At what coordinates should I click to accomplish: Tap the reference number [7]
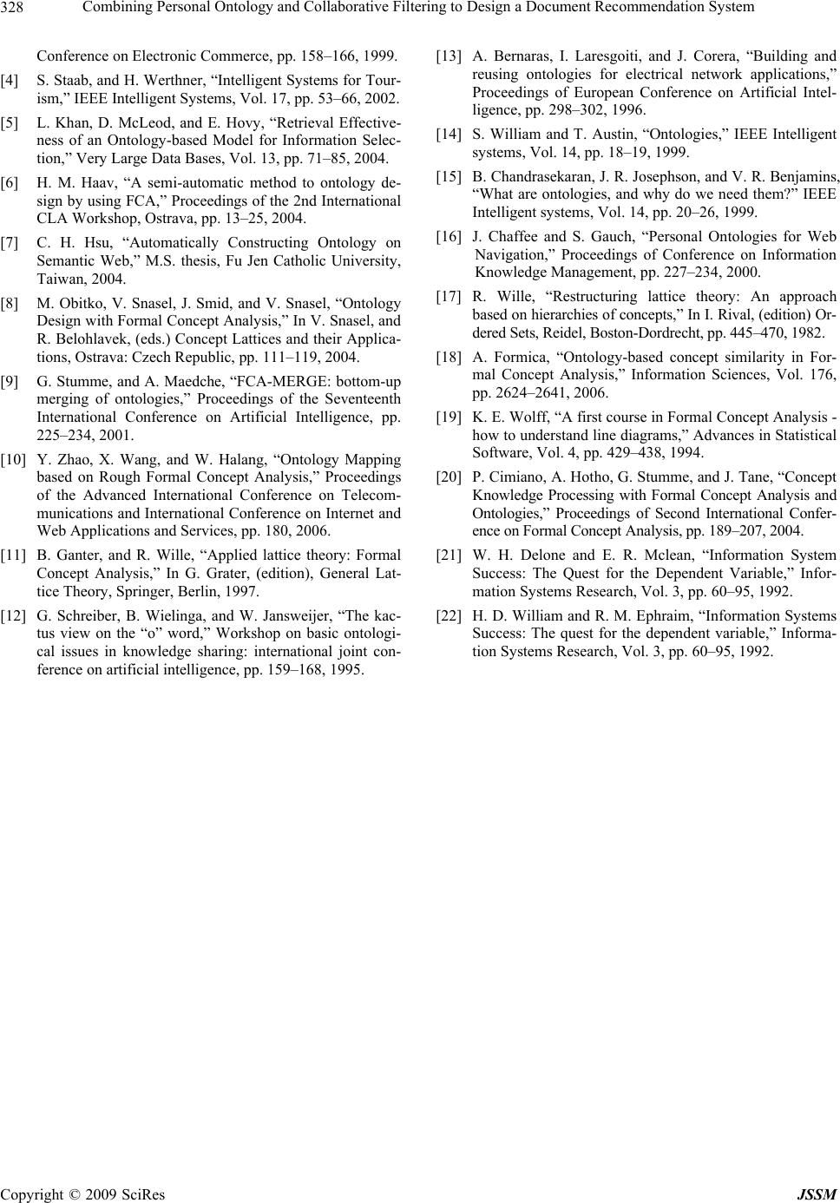point(12,243)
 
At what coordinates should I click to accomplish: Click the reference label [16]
point(449,237)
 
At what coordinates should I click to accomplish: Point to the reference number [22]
point(449,615)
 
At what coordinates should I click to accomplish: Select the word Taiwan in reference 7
point(57,279)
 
